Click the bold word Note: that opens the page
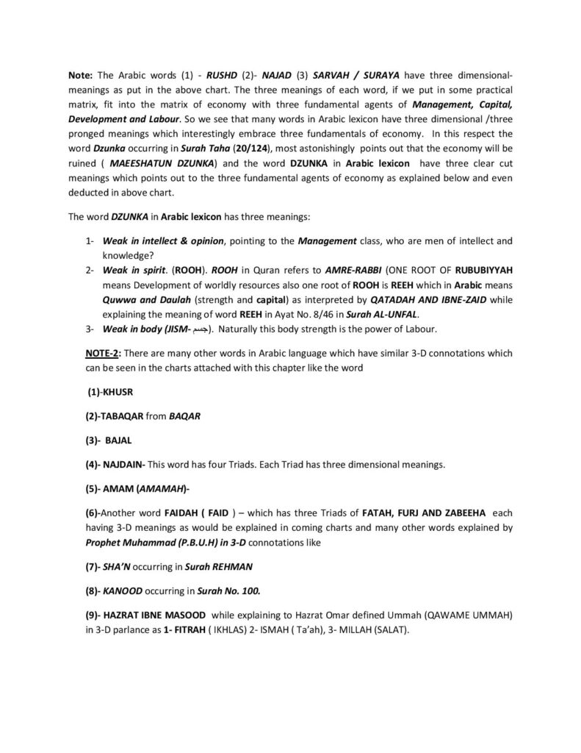81,75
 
